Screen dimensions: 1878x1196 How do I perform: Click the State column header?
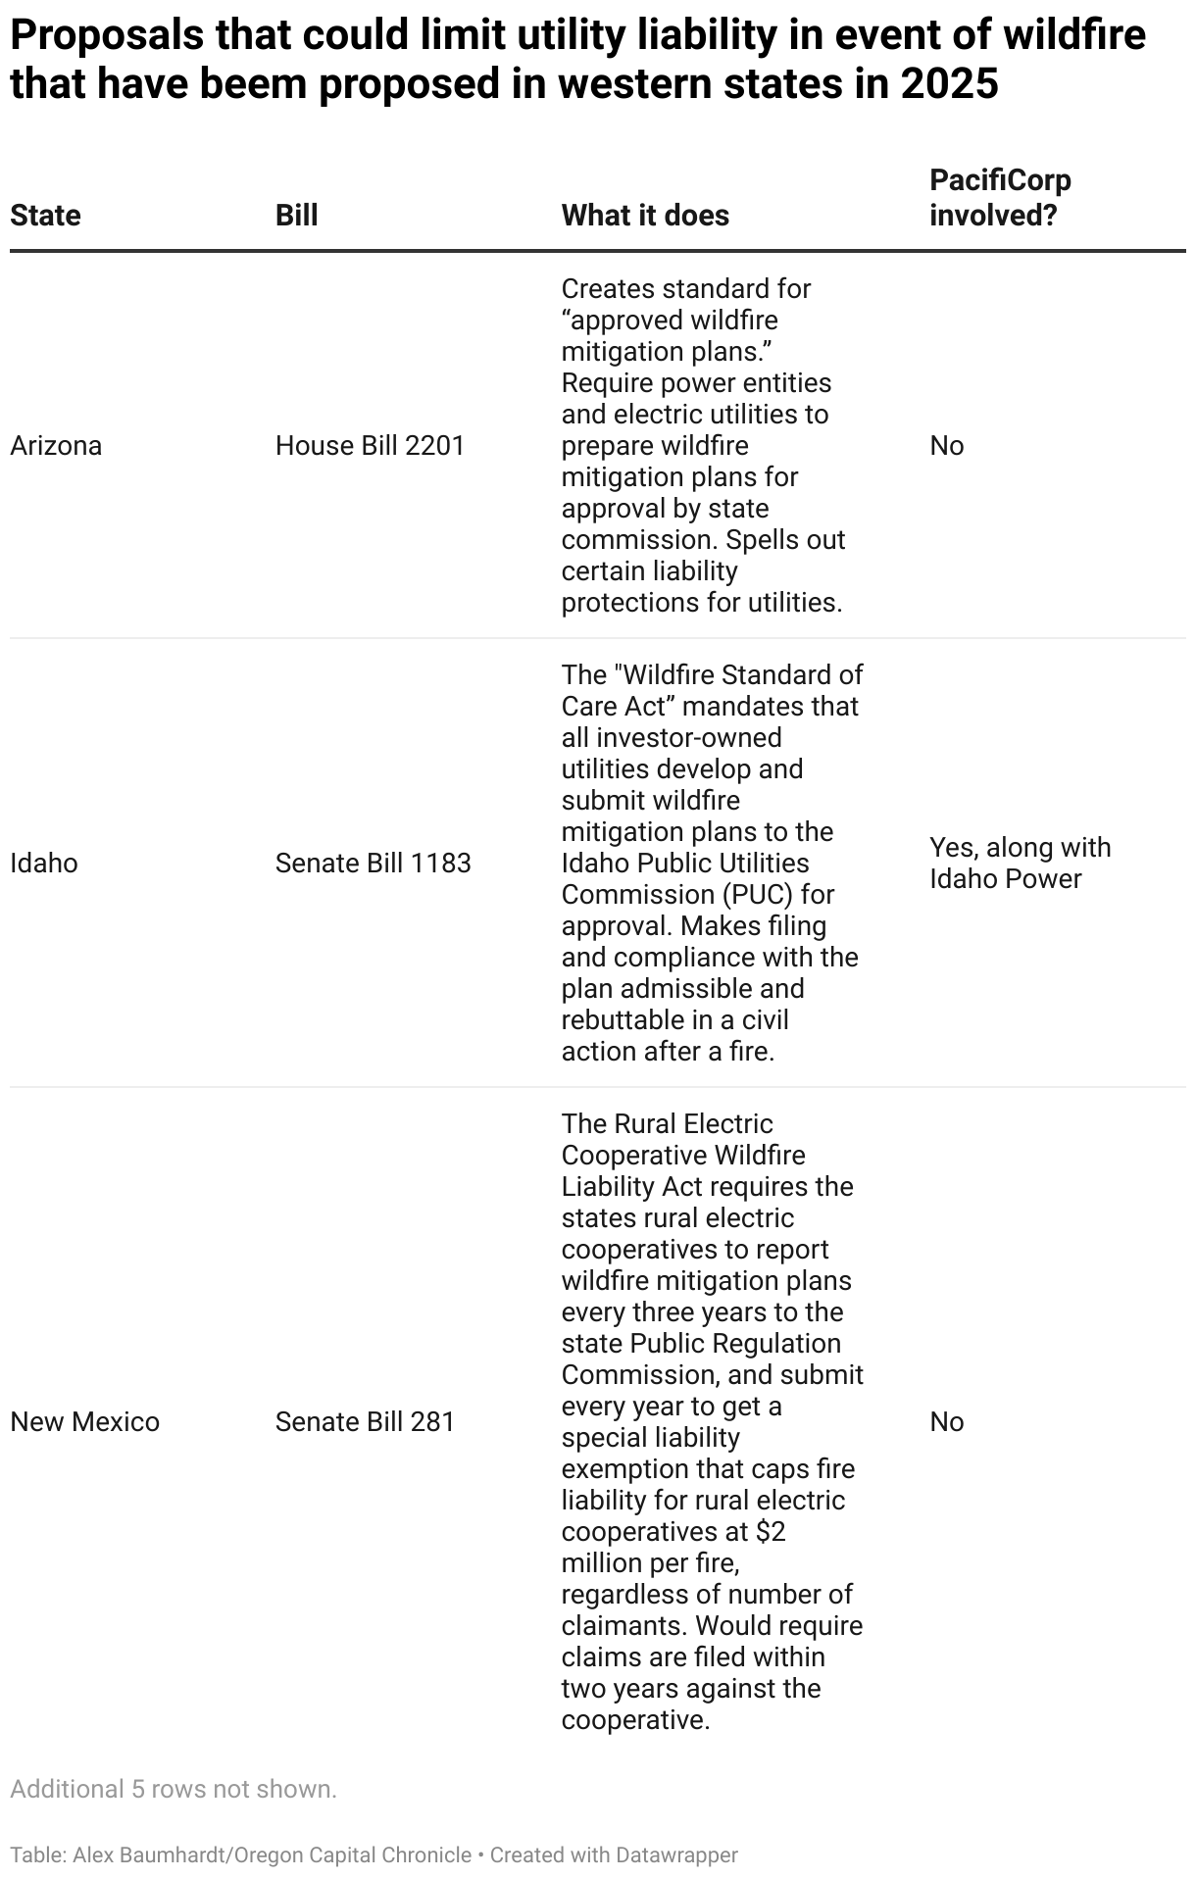tap(45, 216)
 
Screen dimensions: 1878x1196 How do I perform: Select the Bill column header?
tap(296, 216)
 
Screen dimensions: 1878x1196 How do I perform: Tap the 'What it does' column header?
tap(645, 216)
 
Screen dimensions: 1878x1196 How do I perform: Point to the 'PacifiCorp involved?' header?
tap(1000, 198)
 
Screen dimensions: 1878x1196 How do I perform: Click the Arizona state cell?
tap(56, 446)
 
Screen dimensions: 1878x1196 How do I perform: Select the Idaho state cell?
tap(44, 864)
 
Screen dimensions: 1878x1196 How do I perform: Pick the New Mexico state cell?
tap(84, 1422)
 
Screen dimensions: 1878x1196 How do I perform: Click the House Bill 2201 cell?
tap(370, 446)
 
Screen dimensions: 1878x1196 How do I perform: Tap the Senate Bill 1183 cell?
tap(373, 864)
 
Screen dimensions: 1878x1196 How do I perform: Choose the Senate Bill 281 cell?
tap(365, 1422)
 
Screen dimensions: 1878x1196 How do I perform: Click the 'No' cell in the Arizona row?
tap(946, 446)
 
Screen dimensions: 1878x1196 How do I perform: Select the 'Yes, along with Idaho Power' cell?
tap(1020, 864)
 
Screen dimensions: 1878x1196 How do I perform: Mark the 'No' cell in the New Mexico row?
tap(946, 1422)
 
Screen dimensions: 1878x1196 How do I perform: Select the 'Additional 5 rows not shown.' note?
tap(174, 1789)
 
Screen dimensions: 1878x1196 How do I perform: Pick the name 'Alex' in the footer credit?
tap(94, 1854)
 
